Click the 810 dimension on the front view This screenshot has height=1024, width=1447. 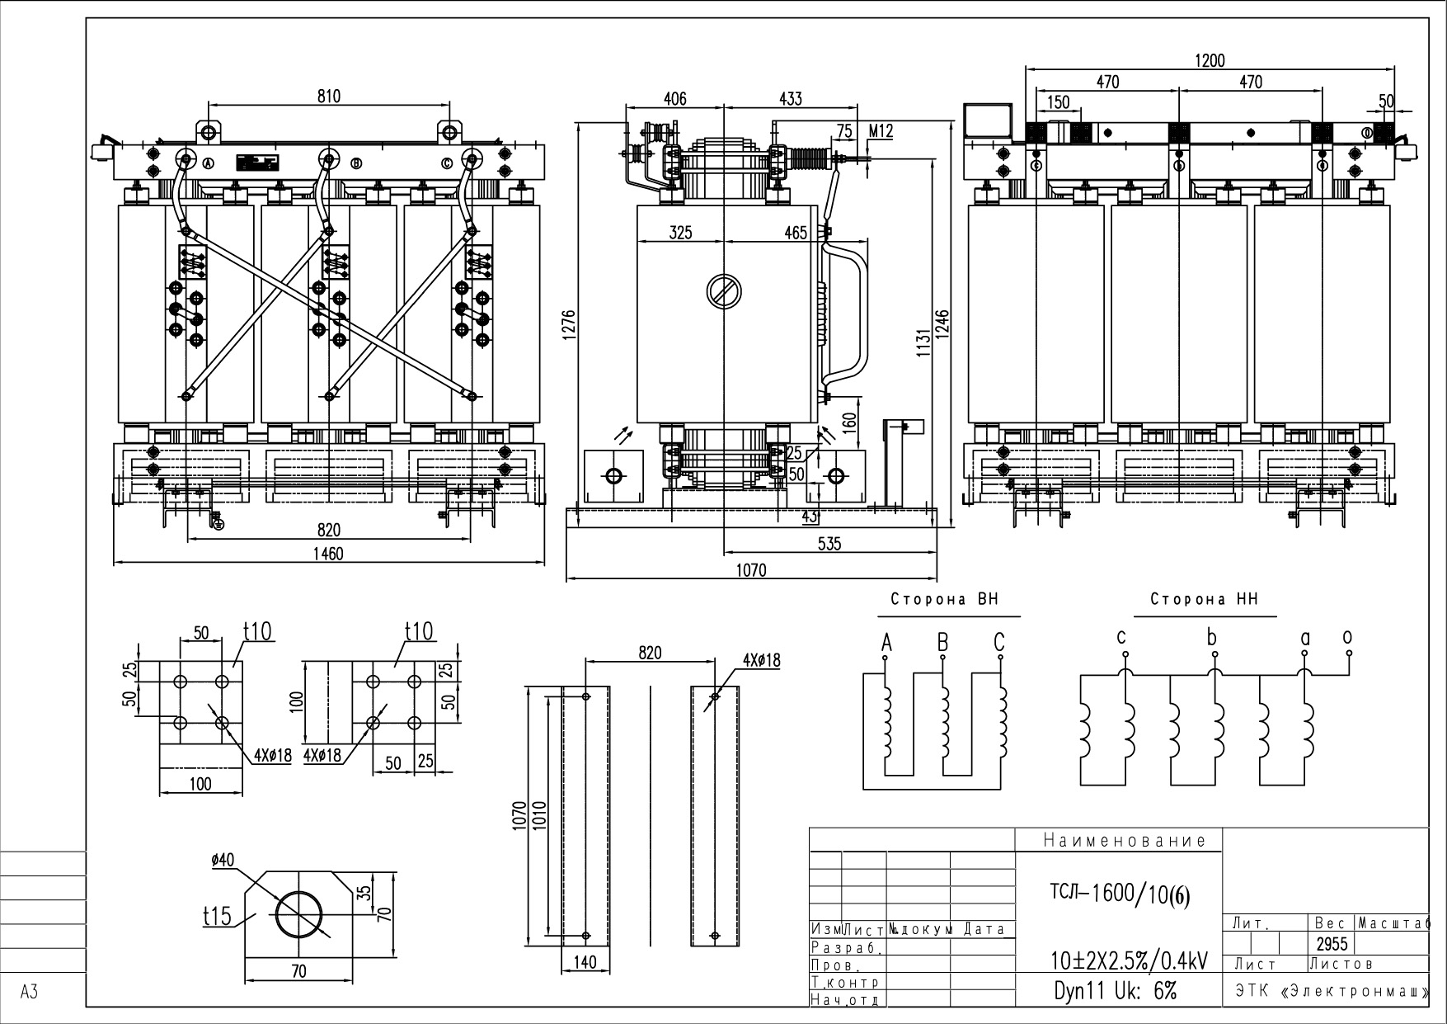(328, 97)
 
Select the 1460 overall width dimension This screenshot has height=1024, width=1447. (328, 553)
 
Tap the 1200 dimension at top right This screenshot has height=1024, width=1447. (1210, 60)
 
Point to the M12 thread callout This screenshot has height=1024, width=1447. (881, 131)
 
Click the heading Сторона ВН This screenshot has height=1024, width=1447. (944, 600)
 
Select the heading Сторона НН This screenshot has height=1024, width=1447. (1205, 600)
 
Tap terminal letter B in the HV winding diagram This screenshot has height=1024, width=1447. (942, 642)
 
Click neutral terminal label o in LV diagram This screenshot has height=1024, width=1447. (1347, 636)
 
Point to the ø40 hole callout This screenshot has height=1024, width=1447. (223, 860)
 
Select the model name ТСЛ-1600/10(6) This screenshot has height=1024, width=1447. (1120, 894)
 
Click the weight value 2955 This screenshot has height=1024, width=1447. (1332, 944)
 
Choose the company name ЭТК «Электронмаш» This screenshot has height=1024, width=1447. (1331, 991)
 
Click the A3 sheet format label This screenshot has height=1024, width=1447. (29, 992)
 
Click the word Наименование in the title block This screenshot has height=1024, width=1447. (1125, 841)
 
